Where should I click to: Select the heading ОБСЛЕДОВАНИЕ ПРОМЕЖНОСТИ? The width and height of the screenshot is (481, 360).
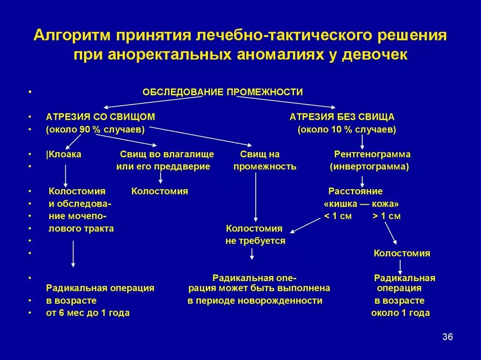click(223, 92)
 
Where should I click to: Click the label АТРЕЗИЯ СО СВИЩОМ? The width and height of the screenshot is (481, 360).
click(101, 117)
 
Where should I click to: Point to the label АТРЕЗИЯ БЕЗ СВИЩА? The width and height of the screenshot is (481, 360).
click(342, 117)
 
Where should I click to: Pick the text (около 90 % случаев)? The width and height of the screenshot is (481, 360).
click(95, 130)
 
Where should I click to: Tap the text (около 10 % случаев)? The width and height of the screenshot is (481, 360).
click(347, 130)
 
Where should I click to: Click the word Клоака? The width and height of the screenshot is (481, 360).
click(64, 154)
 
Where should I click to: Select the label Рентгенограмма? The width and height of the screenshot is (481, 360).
click(372, 154)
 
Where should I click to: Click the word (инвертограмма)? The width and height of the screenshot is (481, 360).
click(369, 167)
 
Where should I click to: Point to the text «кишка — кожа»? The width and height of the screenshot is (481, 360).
click(361, 204)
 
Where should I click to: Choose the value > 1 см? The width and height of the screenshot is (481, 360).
click(387, 216)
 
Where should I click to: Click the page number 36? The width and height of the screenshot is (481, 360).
click(447, 337)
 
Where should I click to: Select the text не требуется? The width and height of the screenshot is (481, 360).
click(255, 241)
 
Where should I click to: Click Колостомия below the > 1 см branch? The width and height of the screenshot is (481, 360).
click(402, 253)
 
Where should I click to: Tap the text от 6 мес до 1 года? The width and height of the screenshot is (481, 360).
click(88, 313)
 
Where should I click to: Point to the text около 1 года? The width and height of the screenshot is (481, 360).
click(400, 313)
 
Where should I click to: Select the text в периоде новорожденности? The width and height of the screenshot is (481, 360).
click(255, 300)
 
